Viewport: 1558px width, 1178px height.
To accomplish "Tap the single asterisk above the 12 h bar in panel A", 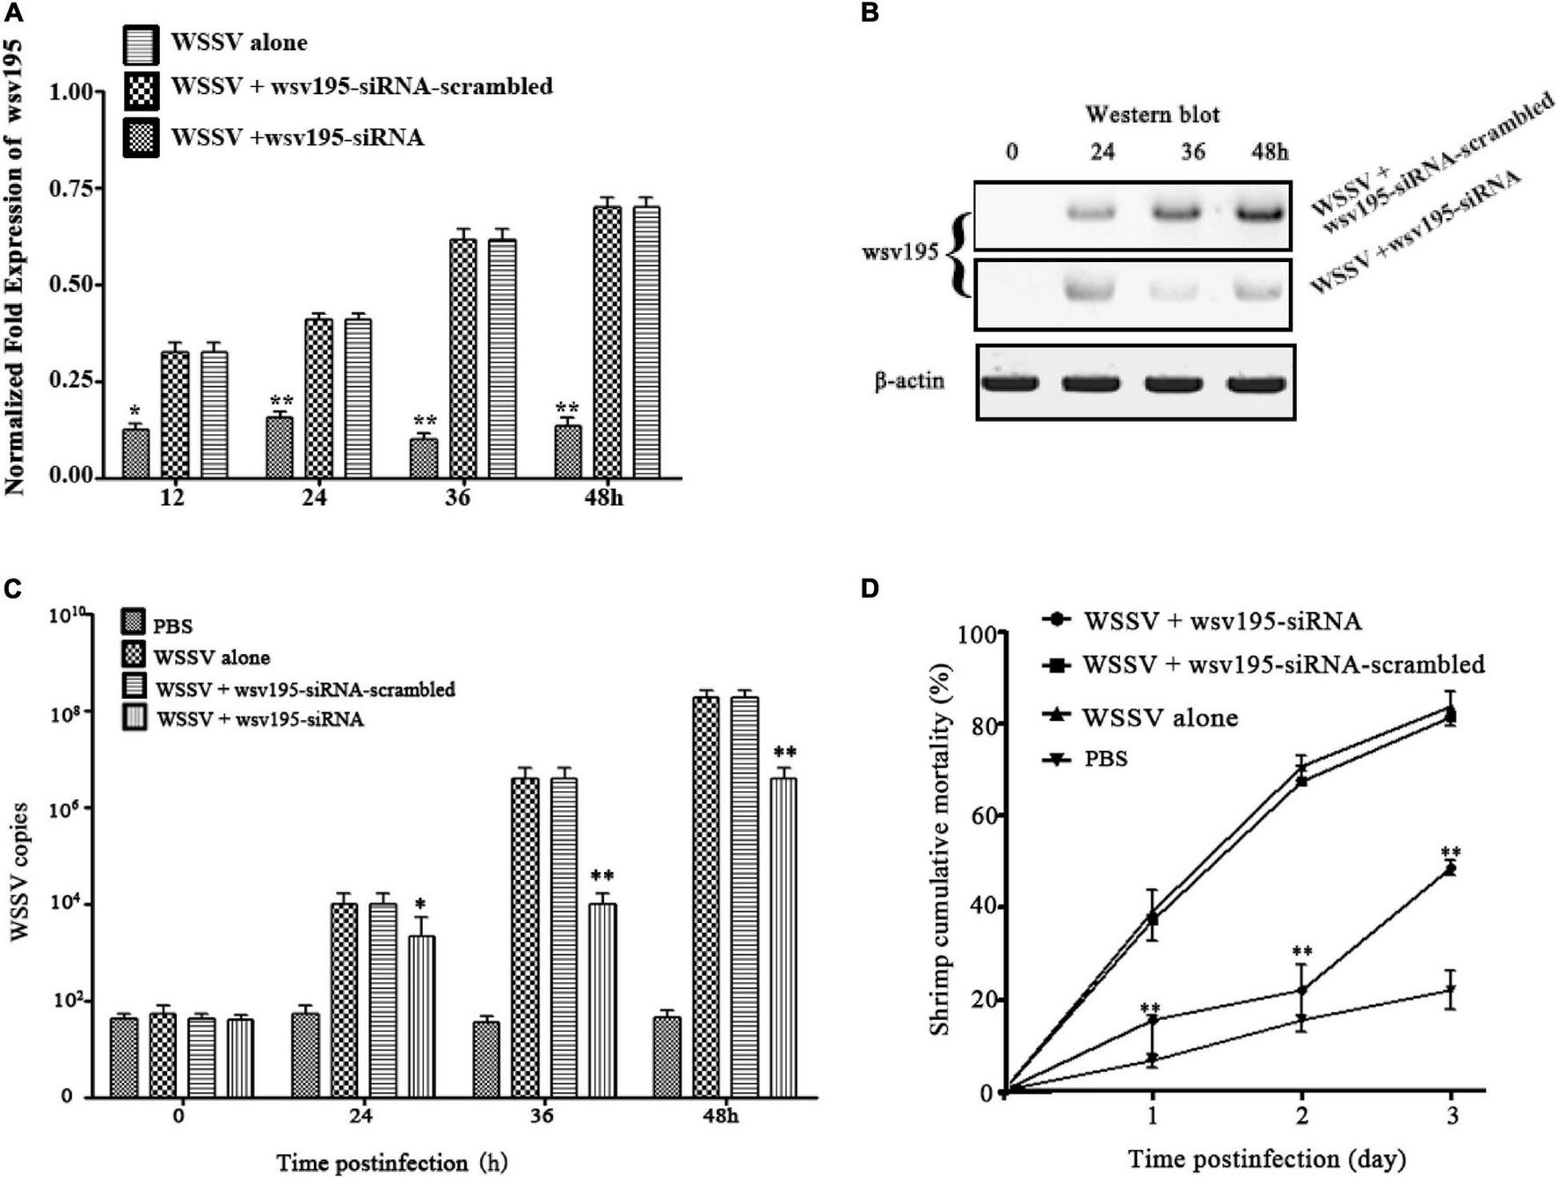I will point(135,411).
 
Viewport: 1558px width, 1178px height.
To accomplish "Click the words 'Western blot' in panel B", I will point(1152,114).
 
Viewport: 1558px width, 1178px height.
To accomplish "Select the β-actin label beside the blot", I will point(909,382).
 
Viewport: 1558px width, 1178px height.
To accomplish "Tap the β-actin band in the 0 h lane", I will point(1010,383).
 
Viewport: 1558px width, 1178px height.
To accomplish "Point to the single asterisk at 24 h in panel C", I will point(421,905).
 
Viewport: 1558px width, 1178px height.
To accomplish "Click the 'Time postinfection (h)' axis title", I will point(392,1162).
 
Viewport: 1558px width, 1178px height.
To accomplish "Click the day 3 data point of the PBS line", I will point(1452,991).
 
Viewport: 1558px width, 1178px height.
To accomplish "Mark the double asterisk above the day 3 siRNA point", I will point(1451,852).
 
